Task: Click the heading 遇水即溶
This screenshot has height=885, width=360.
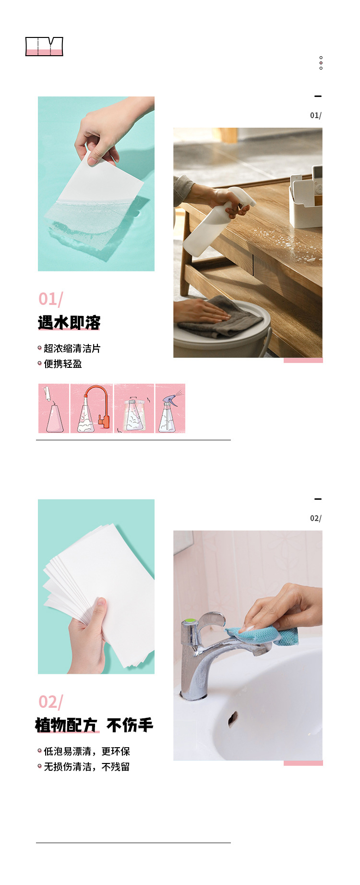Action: click(x=69, y=323)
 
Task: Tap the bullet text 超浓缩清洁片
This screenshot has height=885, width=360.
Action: click(x=72, y=349)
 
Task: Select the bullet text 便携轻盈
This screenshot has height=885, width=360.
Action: click(x=63, y=364)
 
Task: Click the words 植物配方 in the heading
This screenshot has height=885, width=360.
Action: click(x=66, y=725)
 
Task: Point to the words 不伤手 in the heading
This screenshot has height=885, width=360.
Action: click(x=130, y=725)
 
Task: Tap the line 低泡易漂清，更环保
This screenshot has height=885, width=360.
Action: click(x=87, y=752)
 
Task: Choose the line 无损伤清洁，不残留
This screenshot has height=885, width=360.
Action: click(x=87, y=767)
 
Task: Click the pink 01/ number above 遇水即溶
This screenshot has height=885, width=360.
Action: click(x=50, y=299)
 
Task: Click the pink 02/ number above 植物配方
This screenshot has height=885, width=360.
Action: click(x=50, y=702)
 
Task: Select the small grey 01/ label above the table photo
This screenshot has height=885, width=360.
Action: click(x=315, y=116)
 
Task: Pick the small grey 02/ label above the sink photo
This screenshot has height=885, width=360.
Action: click(x=315, y=519)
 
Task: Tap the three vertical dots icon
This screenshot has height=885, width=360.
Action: click(x=321, y=63)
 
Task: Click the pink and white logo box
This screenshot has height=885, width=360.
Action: click(x=44, y=47)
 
